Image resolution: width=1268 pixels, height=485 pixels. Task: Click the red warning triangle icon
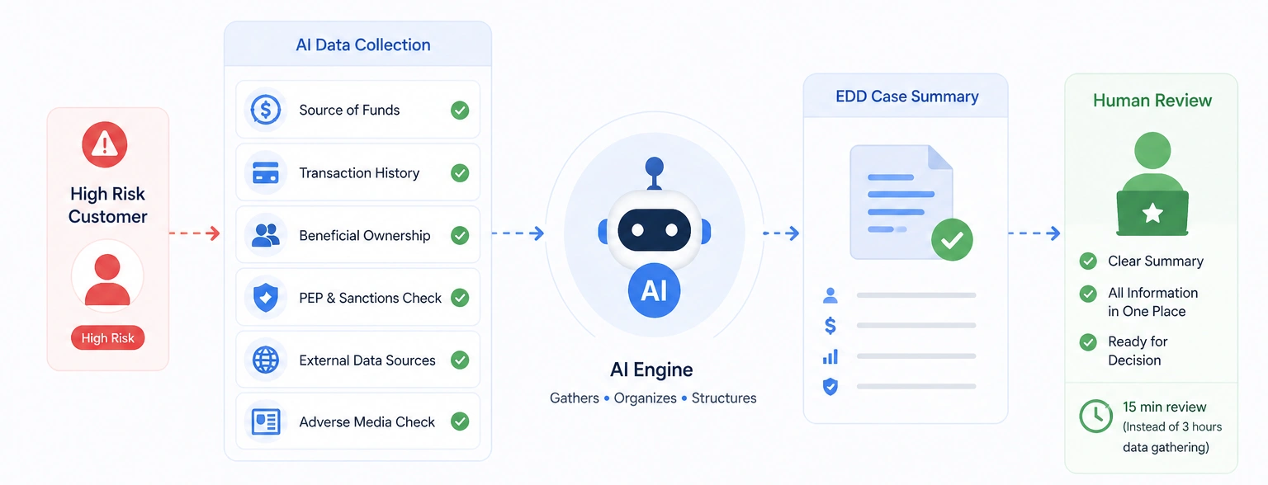pos(104,146)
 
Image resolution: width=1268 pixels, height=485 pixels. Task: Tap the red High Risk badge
pos(107,338)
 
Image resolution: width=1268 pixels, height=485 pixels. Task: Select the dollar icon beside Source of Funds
pos(266,110)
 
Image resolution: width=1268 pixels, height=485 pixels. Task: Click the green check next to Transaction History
pos(460,173)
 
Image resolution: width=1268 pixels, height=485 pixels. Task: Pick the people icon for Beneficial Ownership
pos(266,235)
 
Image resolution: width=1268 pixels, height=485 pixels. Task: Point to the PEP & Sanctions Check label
pos(370,298)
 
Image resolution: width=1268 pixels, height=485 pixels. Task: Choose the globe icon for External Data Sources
pos(266,360)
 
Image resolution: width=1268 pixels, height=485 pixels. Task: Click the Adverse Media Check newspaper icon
pos(266,422)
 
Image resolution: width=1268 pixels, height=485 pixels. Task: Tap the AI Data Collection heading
pos(363,45)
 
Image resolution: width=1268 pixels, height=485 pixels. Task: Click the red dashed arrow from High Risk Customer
pos(195,233)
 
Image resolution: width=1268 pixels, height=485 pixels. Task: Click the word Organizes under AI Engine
pos(645,398)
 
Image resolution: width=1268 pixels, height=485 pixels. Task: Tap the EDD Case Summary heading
pos(906,97)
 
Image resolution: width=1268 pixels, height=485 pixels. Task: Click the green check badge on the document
pos(952,240)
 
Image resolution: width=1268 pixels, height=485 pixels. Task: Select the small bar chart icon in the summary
pos(830,356)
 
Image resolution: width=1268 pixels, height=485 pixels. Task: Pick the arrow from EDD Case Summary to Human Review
pos(1034,233)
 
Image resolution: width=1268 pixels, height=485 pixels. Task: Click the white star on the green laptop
pos(1152,214)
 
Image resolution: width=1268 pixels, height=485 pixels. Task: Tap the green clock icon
pos(1096,416)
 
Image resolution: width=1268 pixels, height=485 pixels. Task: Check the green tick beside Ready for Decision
pos(1088,341)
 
